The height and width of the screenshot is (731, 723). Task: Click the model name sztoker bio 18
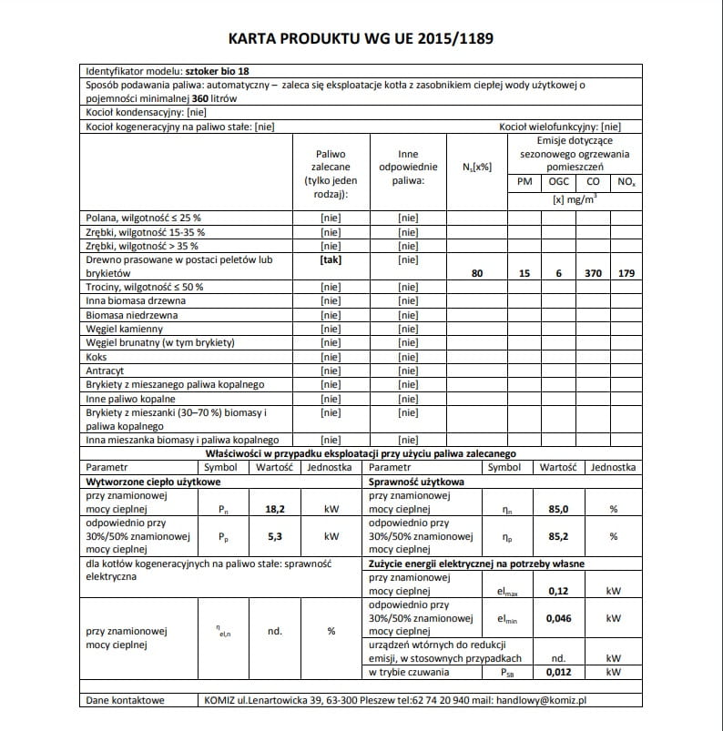point(210,70)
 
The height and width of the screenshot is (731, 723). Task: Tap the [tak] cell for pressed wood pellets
point(331,260)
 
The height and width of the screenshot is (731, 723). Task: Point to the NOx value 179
point(623,273)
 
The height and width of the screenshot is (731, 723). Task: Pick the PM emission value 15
point(524,273)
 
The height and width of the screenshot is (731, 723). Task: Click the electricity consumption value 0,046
point(559,618)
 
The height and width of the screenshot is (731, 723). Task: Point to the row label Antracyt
point(106,371)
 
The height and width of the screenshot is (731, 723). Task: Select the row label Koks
point(97,357)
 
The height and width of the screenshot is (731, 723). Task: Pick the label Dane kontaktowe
point(125,700)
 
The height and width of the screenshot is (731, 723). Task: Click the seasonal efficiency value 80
point(477,273)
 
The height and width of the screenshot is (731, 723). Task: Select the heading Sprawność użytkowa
point(416,481)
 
